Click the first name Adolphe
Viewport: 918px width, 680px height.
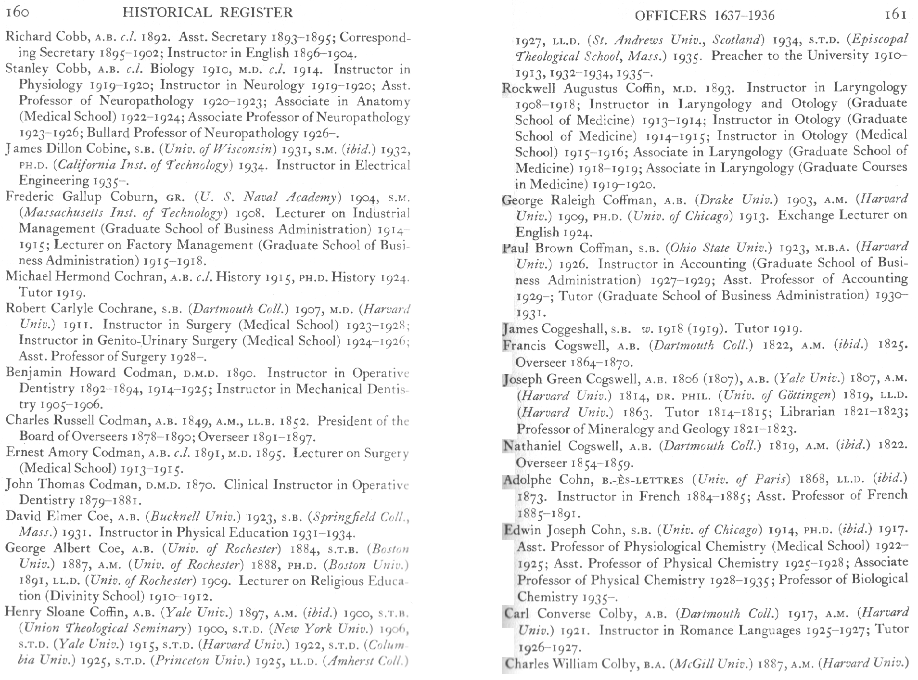point(527,480)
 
